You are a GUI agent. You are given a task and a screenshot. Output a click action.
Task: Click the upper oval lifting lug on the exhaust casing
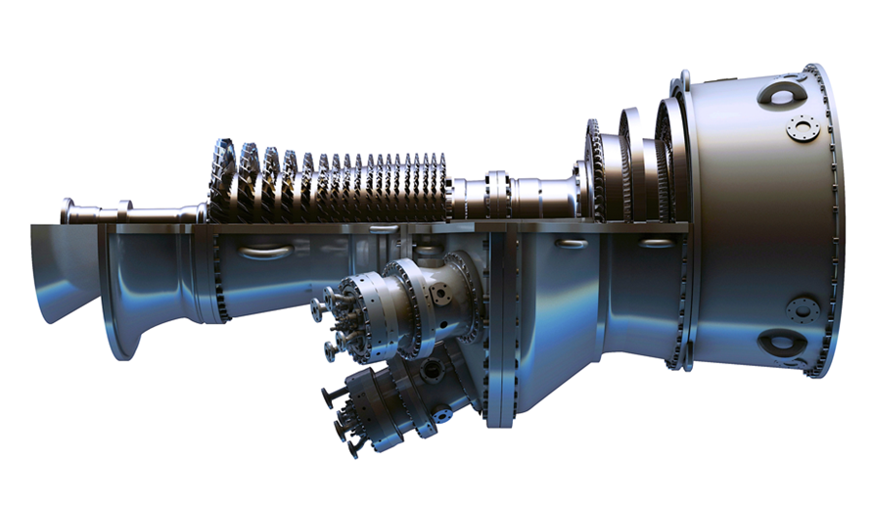[782, 94]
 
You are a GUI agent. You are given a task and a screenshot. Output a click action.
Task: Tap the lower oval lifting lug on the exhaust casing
[783, 343]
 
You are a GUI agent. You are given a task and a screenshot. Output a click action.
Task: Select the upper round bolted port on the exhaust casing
[802, 128]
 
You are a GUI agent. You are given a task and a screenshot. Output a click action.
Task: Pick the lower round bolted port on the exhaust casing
[802, 309]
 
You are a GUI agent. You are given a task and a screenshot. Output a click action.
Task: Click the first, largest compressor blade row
[223, 181]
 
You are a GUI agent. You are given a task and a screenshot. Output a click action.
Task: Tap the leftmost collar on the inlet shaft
[68, 210]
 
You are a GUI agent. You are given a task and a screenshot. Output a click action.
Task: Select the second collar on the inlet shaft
[124, 209]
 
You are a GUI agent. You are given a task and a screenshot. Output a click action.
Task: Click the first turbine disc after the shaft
[594, 171]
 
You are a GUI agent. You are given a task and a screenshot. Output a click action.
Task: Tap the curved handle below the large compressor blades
[264, 252]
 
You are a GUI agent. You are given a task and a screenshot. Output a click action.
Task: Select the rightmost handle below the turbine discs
[657, 242]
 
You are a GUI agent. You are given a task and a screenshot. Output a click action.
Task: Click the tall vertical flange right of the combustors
[500, 323]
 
